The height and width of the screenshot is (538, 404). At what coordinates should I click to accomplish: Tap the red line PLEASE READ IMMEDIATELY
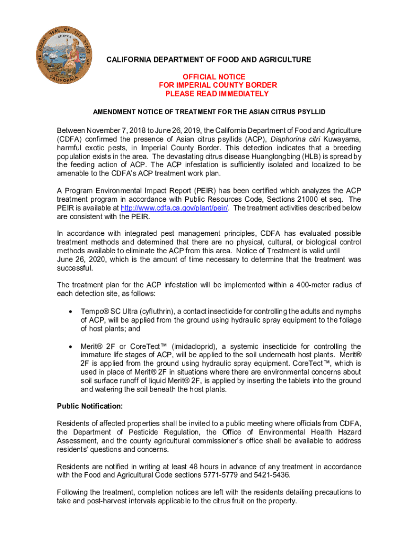[x=217, y=94]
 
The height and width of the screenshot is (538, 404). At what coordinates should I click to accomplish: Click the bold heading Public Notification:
[x=90, y=406]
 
